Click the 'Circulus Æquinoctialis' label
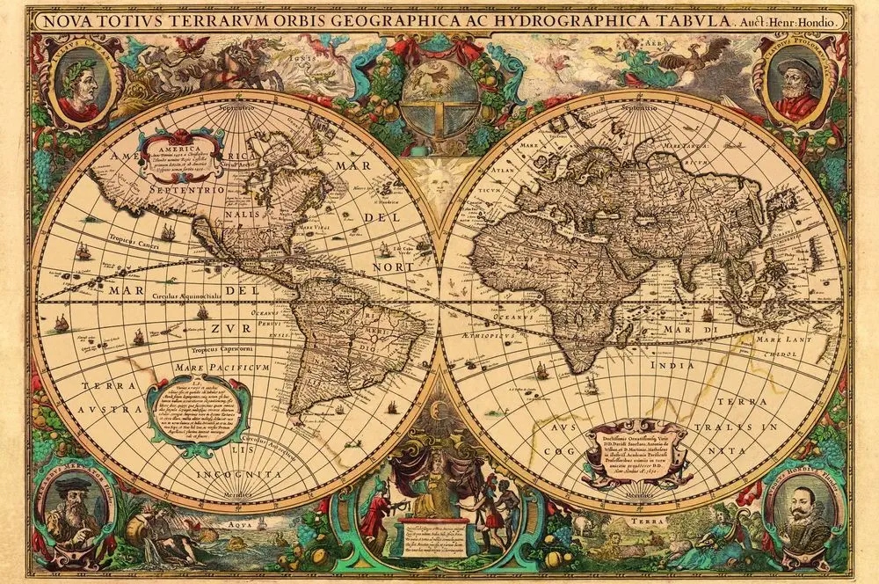(x=194, y=296)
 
